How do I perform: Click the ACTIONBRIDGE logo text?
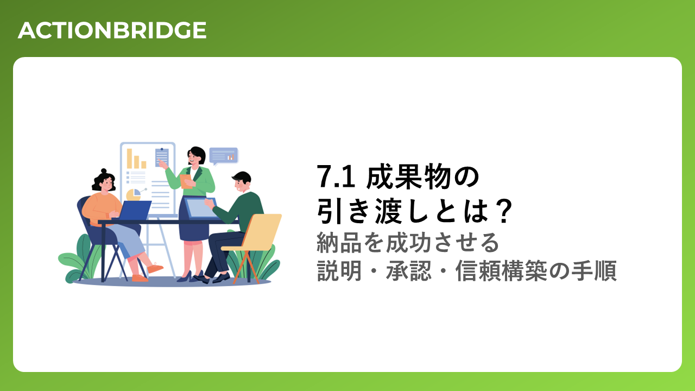[112, 30]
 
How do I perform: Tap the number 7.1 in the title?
[336, 176]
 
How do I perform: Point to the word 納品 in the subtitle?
[339, 243]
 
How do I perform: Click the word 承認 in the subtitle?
[409, 270]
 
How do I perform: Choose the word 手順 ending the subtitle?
[594, 270]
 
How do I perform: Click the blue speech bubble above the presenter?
[223, 156]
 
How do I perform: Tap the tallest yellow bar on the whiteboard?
[129, 159]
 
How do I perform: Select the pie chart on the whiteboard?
[134, 194]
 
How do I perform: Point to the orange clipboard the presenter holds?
[186, 181]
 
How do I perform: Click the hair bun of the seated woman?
[104, 171]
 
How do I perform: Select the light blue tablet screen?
[201, 208]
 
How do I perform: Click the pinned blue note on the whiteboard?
[162, 157]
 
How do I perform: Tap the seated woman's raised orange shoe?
[155, 268]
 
